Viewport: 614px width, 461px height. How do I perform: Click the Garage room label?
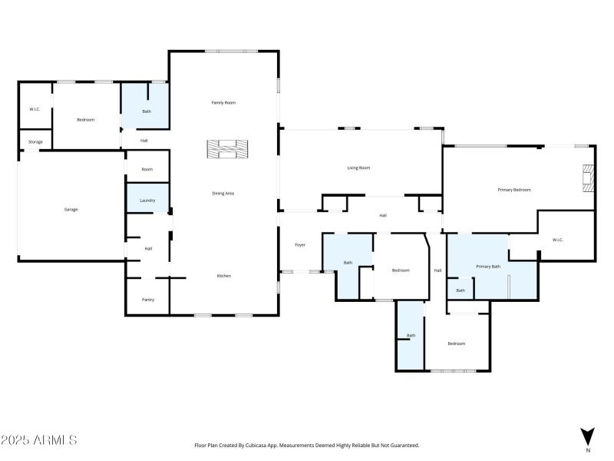(x=71, y=209)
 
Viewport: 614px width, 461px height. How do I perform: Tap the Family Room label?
(x=223, y=102)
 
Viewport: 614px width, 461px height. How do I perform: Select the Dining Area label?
(x=223, y=193)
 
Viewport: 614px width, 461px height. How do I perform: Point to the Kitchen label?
(x=223, y=276)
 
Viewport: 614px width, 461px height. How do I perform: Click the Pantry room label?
(x=148, y=300)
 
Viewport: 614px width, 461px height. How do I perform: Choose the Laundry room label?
(x=147, y=201)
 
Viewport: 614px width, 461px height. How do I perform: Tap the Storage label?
(x=35, y=142)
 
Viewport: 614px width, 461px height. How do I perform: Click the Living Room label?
(x=359, y=167)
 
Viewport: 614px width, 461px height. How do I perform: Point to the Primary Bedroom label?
(x=514, y=189)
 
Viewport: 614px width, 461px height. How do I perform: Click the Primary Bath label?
(x=488, y=266)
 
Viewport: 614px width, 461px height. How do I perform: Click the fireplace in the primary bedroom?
(x=588, y=178)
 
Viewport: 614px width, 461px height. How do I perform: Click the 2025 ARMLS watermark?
(x=39, y=441)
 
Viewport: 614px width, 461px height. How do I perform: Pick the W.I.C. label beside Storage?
(x=35, y=109)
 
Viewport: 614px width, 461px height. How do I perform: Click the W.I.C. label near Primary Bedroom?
(x=558, y=240)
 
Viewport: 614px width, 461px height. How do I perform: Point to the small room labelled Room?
(x=147, y=169)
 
